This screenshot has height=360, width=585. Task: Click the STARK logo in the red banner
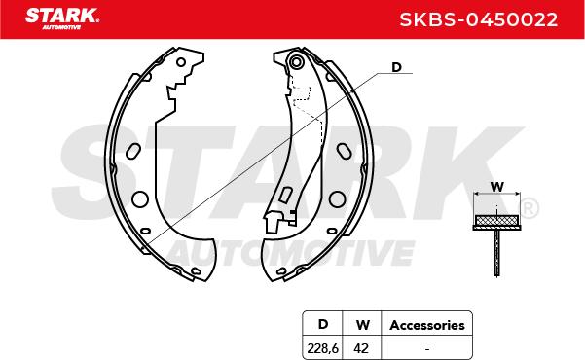(x=62, y=18)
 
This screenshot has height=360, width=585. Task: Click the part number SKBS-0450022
(x=479, y=19)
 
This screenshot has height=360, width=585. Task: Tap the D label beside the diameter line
(x=396, y=67)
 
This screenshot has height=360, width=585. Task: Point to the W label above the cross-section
(x=496, y=187)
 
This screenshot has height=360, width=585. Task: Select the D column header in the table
(x=323, y=324)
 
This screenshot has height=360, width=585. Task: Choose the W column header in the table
(x=363, y=325)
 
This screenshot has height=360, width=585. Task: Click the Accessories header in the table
(x=427, y=325)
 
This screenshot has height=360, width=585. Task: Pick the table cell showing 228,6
(x=323, y=348)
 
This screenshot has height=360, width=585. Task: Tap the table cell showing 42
(x=361, y=348)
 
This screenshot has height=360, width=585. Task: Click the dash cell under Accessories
(x=427, y=349)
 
